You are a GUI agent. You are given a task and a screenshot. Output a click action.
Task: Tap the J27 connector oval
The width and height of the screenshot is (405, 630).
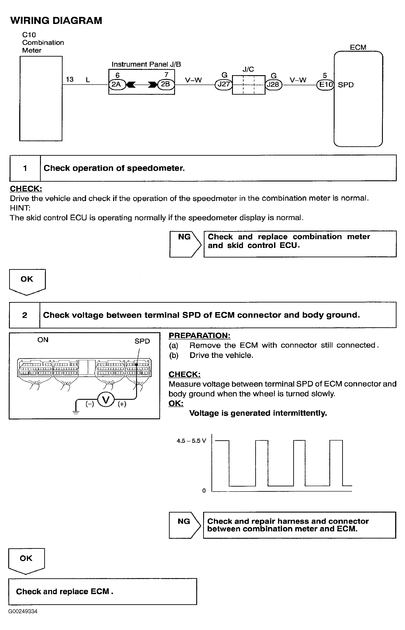224,85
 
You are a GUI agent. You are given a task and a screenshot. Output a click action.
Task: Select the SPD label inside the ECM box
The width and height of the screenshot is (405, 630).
346,85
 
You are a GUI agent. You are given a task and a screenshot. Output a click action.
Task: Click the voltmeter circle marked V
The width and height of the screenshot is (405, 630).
106,400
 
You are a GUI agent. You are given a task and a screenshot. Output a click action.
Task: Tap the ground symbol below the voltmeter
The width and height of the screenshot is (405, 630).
76,412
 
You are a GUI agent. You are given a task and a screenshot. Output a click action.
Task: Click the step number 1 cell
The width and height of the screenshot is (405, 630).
25,168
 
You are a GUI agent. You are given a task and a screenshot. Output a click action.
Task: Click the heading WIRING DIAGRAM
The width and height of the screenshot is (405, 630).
56,21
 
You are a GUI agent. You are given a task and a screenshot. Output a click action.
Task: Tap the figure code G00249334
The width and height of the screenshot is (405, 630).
23,611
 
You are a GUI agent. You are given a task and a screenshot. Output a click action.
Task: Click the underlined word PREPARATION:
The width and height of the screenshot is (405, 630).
199,336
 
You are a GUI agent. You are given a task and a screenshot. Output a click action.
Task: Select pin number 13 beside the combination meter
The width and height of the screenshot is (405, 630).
70,79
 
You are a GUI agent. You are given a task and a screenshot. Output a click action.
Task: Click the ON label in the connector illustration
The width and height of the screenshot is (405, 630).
43,340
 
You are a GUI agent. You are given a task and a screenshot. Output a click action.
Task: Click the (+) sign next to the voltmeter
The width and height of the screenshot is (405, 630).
122,404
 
